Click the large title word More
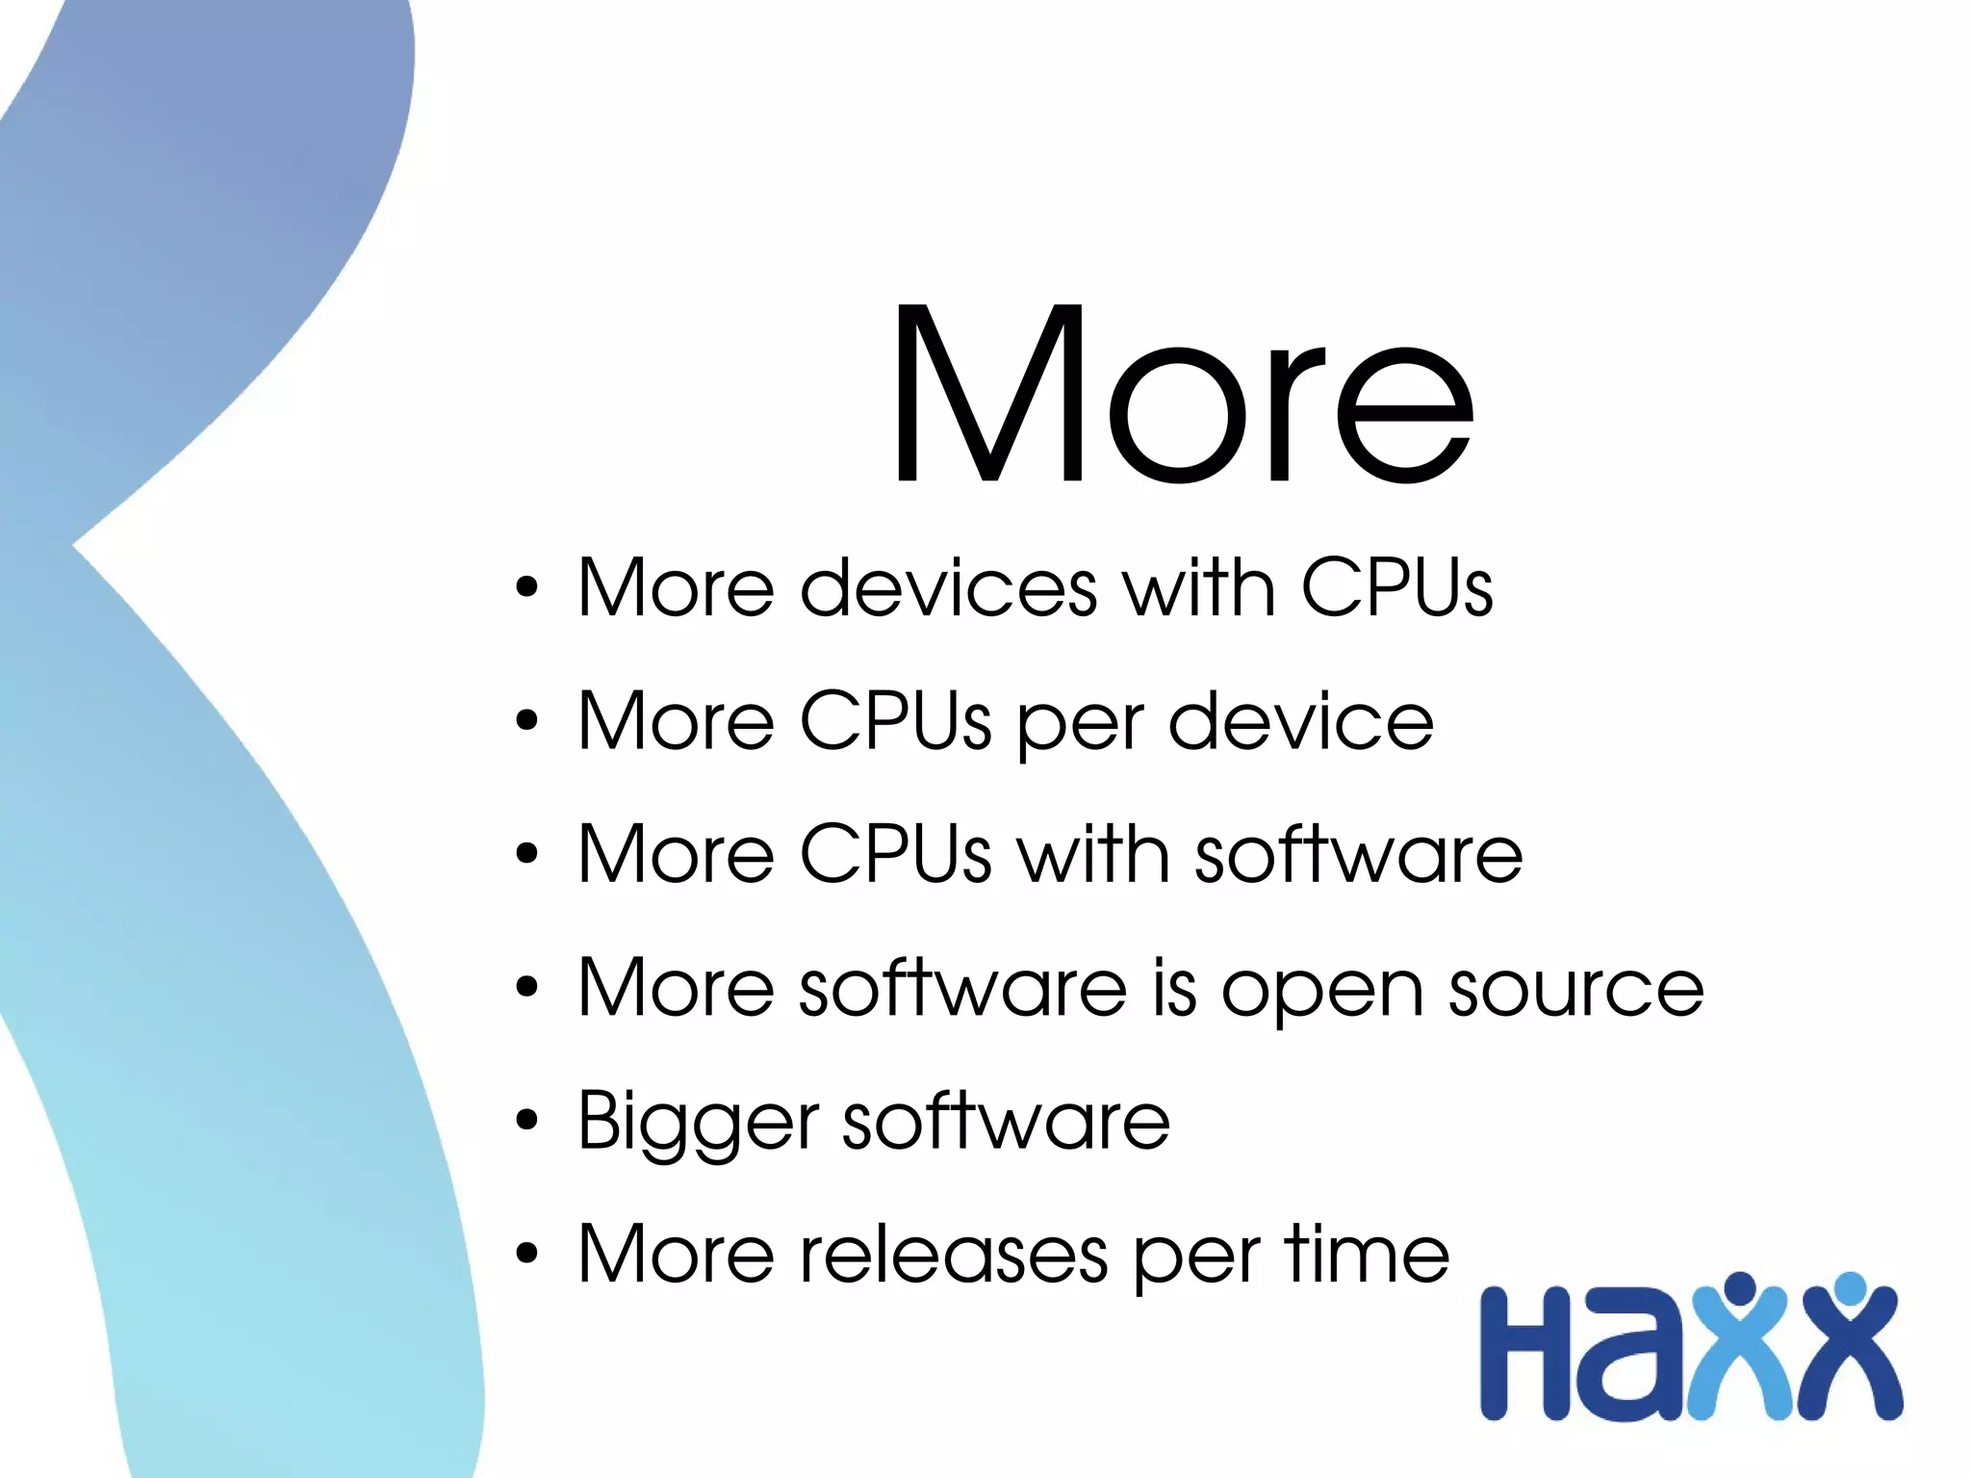pos(1182,393)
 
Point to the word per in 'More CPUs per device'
pos(1080,727)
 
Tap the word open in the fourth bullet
pos(1323,992)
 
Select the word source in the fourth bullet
pos(1576,989)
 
